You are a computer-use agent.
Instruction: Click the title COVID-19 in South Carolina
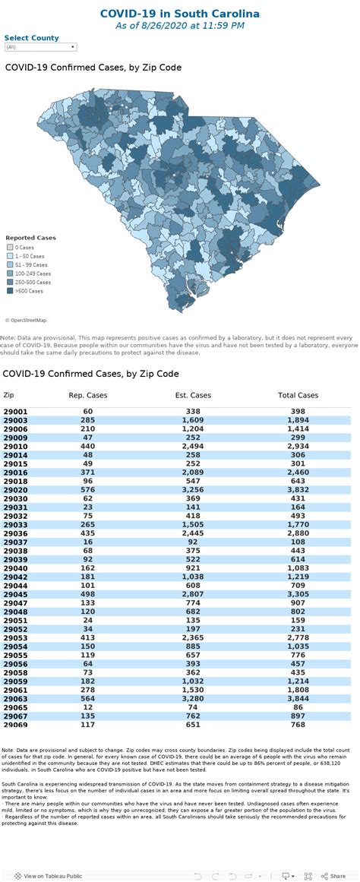point(180,14)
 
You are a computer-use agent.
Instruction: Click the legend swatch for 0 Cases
point(10,248)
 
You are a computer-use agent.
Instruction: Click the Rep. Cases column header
point(88,395)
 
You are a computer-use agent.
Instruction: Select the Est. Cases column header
point(193,395)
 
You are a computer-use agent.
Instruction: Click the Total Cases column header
point(297,395)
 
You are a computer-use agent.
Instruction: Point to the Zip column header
point(8,395)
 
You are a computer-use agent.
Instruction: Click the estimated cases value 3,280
point(193,699)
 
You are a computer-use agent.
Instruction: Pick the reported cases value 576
point(88,490)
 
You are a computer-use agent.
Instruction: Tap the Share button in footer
point(333,876)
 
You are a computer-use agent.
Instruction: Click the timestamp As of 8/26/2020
point(180,26)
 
